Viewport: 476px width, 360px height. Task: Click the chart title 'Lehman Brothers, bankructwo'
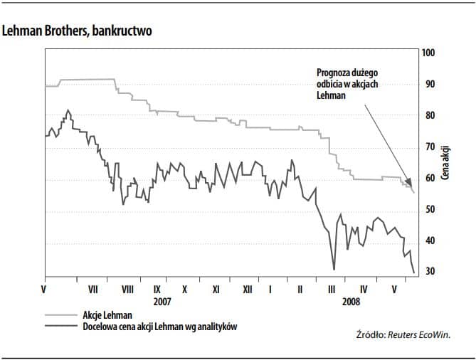point(77,32)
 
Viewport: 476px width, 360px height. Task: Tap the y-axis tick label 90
point(429,85)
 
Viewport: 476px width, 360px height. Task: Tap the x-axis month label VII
point(93,290)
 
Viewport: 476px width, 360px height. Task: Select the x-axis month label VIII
point(128,290)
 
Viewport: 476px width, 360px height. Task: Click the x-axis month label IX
point(157,290)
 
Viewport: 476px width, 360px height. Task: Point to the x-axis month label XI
point(216,290)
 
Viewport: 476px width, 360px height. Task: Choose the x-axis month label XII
point(247,290)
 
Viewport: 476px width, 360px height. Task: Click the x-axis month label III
point(331,290)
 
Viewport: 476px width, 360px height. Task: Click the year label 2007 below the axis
point(163,301)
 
